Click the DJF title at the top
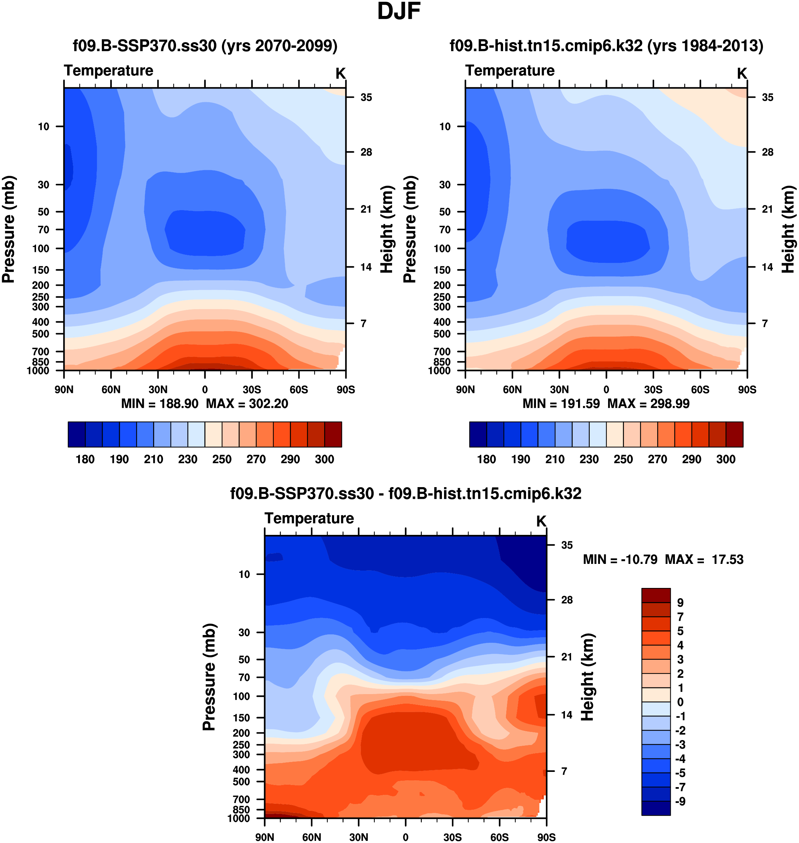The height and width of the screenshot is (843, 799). [399, 12]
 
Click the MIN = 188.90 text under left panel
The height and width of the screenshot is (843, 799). [160, 404]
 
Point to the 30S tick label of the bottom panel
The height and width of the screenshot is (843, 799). [452, 837]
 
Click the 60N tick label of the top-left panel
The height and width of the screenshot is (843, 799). [111, 389]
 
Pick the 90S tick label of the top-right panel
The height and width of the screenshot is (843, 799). [747, 389]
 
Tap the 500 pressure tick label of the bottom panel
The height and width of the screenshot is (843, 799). [241, 782]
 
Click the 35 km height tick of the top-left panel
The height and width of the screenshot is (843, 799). [366, 98]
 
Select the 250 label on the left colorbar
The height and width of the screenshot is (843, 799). [222, 460]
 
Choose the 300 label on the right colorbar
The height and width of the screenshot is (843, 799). [726, 460]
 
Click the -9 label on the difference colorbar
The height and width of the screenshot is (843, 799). [680, 802]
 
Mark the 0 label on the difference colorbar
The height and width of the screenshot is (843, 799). [680, 702]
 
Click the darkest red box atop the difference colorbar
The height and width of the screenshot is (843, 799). [656, 595]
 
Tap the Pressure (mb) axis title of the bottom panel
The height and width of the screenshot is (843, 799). [209, 677]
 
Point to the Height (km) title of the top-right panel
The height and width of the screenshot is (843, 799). [788, 229]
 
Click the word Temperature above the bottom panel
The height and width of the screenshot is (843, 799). [309, 518]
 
